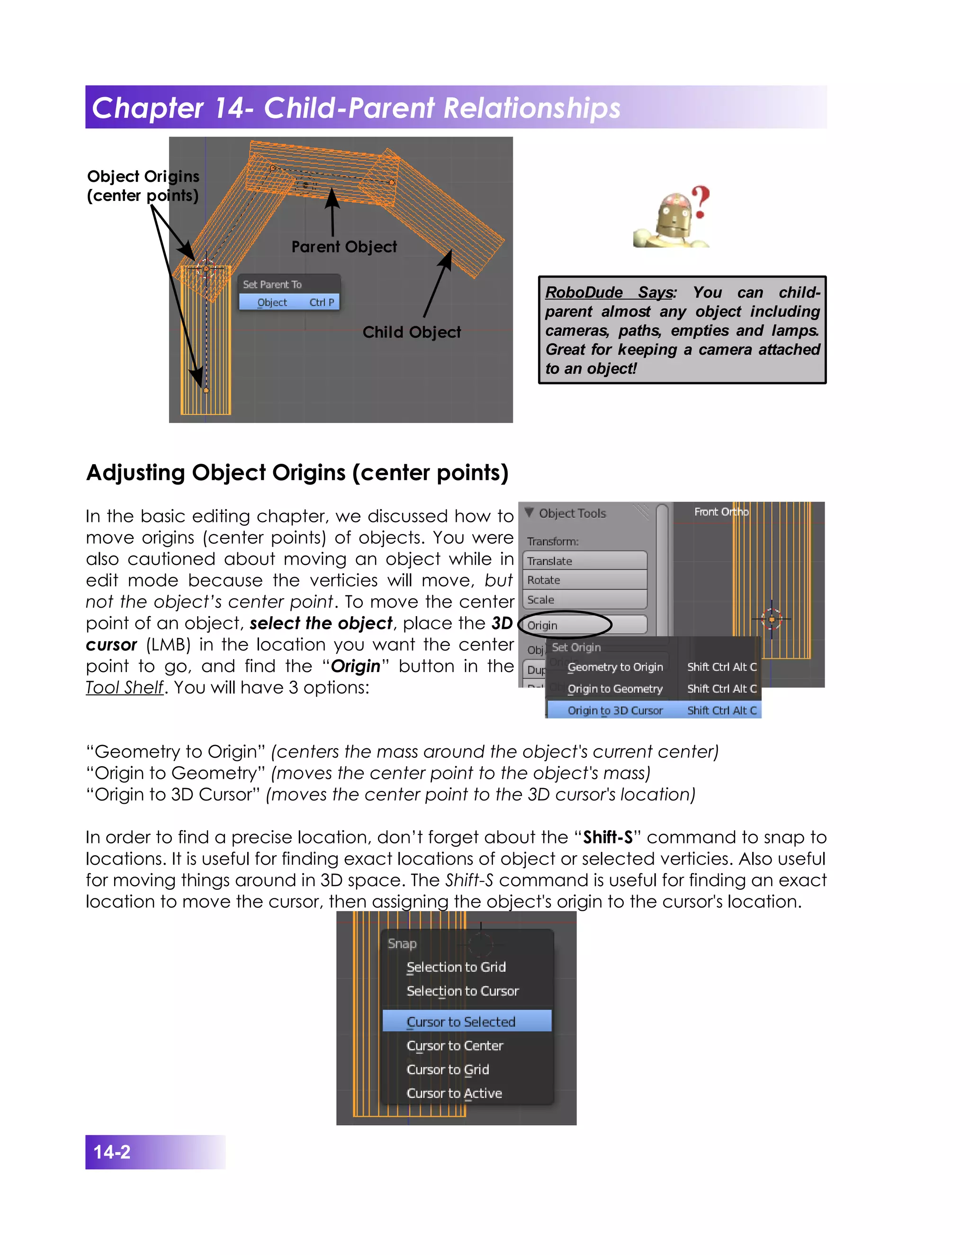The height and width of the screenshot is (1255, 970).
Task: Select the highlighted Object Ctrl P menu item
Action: coord(289,302)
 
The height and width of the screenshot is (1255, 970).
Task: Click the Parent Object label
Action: coord(344,247)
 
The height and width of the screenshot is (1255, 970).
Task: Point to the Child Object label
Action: coord(412,332)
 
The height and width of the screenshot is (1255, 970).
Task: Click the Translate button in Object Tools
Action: coord(584,561)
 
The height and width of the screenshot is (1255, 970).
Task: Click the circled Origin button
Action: coord(584,625)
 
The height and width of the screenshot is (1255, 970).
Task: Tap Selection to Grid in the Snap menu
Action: coord(456,967)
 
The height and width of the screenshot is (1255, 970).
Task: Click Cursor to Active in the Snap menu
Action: coord(454,1093)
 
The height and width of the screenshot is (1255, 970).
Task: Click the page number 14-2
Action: coord(112,1152)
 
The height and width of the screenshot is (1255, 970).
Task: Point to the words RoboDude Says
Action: coord(610,293)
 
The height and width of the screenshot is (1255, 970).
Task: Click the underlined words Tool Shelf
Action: coord(125,687)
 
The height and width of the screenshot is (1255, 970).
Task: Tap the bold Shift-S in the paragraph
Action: coord(608,837)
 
